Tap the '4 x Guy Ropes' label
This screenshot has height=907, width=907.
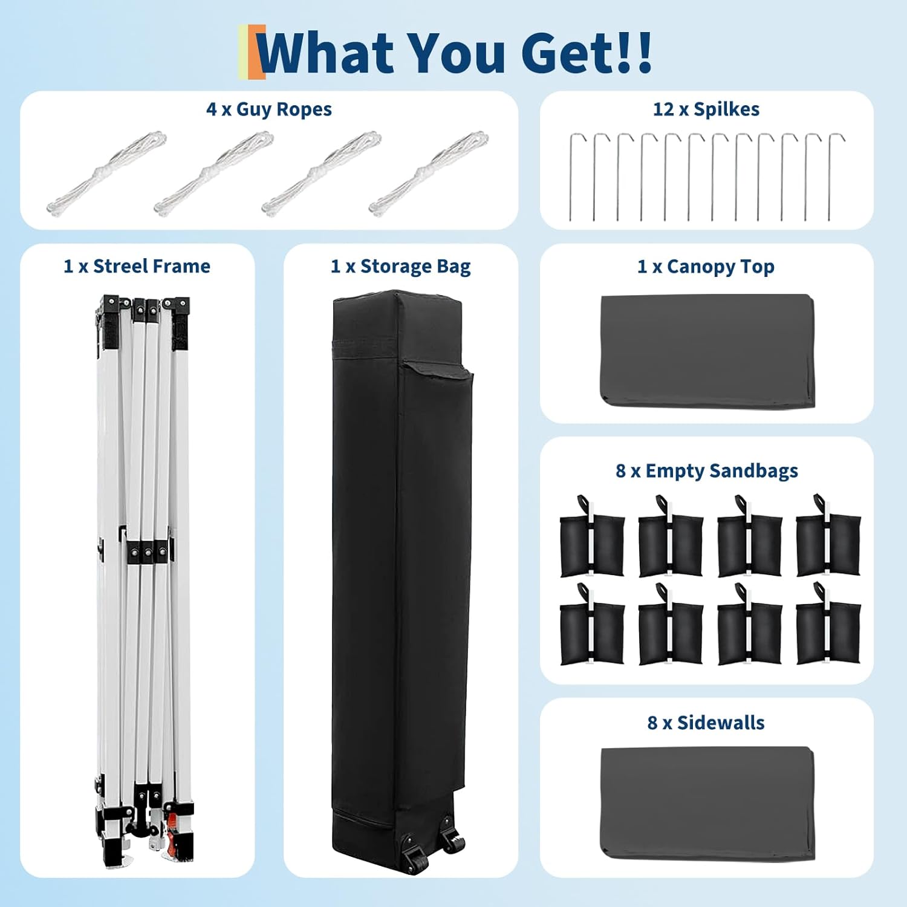[x=269, y=109]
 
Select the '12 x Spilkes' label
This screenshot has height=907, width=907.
[x=706, y=109]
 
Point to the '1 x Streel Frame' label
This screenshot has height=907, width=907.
[x=137, y=266]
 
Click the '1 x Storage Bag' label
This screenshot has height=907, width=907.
[x=400, y=266]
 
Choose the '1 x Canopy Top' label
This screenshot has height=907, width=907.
[x=706, y=266]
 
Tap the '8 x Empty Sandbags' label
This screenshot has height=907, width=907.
[x=706, y=470]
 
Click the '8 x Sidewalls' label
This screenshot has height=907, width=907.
[x=706, y=723]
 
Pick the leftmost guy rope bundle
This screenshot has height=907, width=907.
[x=106, y=173]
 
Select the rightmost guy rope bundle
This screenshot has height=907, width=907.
[x=428, y=173]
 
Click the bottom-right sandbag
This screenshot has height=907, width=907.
[x=828, y=632]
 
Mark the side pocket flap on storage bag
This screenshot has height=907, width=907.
[x=438, y=371]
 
